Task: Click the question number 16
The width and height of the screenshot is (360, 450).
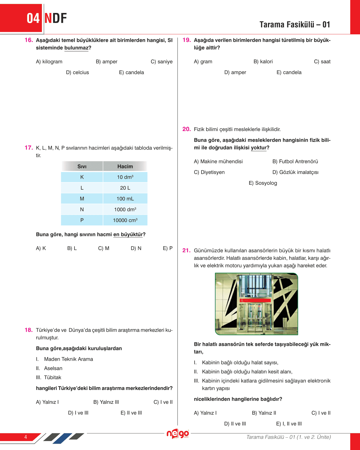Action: (x=29, y=40)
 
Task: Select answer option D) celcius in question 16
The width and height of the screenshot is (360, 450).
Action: (x=77, y=72)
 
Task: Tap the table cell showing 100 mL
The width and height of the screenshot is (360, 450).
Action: (x=125, y=199)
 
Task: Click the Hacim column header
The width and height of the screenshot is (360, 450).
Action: (x=125, y=167)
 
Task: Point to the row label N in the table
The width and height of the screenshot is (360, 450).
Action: (x=82, y=210)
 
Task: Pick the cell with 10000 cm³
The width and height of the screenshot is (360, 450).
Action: (x=125, y=220)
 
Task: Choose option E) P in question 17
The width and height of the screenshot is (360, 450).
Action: (x=168, y=248)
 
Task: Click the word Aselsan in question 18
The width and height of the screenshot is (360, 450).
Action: (x=53, y=368)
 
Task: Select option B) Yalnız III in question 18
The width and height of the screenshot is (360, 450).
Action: (x=106, y=402)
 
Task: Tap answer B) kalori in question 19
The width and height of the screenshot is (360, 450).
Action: (x=263, y=61)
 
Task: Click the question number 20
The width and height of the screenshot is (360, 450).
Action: (x=186, y=129)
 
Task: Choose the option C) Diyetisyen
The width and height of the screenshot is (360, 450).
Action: (x=209, y=172)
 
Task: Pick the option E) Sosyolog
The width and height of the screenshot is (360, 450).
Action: (x=263, y=183)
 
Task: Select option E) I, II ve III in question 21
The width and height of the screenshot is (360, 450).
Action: (x=289, y=424)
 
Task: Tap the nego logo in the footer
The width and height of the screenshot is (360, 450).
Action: (x=178, y=434)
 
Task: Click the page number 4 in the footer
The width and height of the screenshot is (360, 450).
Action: (x=26, y=437)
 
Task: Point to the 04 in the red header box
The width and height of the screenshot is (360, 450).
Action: (x=33, y=18)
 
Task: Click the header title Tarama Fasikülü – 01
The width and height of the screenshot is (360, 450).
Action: (x=294, y=25)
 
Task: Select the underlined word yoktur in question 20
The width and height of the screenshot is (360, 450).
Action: (x=259, y=148)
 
